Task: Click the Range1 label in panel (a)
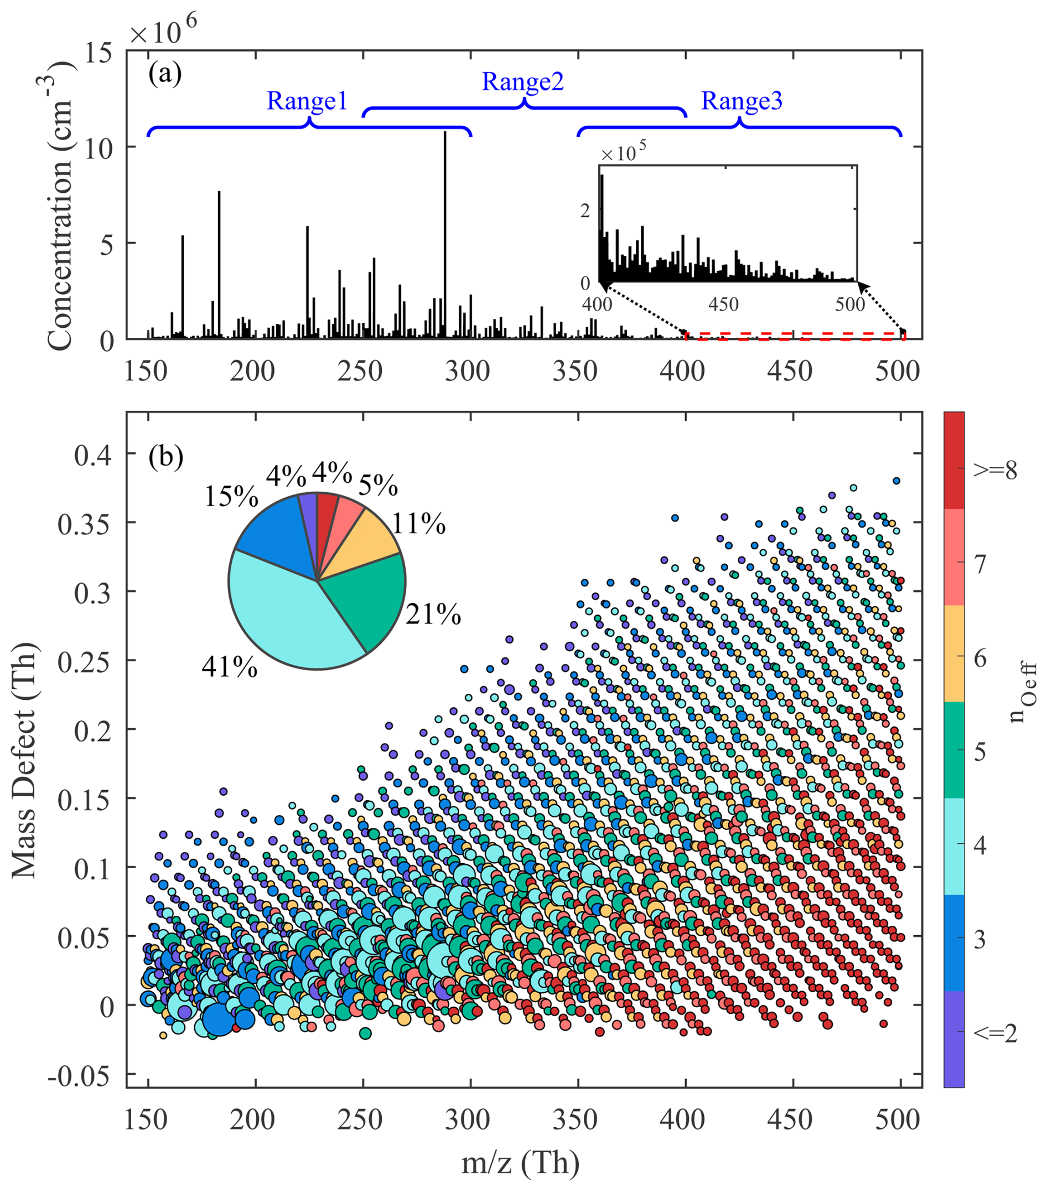[307, 101]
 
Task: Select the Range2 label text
[522, 81]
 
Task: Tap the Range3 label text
[742, 101]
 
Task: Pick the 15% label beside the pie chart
[231, 497]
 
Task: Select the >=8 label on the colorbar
[995, 470]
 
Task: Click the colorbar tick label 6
[980, 658]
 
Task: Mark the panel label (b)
[166, 456]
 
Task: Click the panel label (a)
[165, 74]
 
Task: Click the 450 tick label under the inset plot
[723, 304]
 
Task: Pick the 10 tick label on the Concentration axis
[98, 148]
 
